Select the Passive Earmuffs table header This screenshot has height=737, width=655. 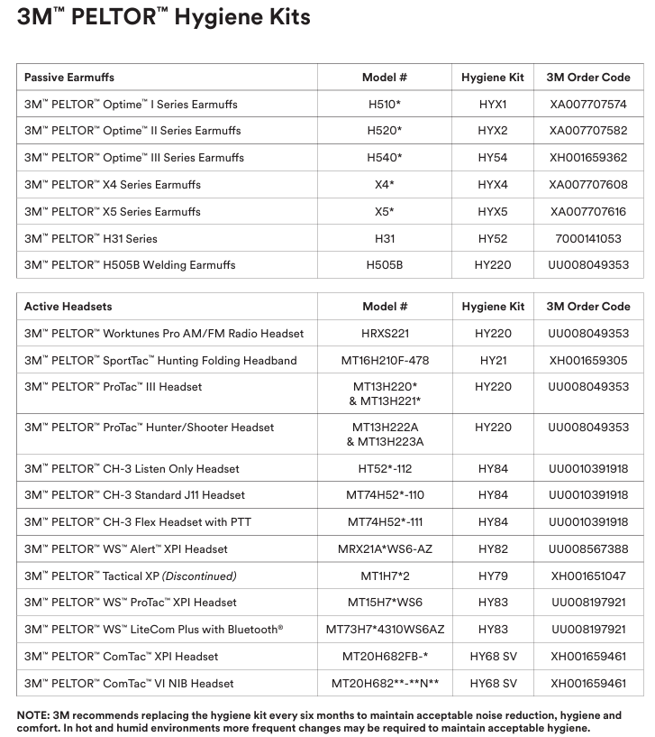point(69,78)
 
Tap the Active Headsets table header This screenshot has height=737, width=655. point(68,307)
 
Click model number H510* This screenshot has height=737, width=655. point(385,105)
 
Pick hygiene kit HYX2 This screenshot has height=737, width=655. point(493,131)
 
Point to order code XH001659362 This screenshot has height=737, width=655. point(588,158)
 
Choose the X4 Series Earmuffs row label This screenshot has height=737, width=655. point(113,185)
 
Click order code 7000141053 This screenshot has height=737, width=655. point(588,239)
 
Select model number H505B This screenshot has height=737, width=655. point(385,266)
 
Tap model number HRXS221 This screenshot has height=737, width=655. point(385,334)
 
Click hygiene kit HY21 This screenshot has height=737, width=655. point(493,361)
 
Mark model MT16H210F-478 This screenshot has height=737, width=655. point(385,361)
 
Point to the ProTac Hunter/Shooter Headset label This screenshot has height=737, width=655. point(149,428)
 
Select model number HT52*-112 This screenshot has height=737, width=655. point(385,469)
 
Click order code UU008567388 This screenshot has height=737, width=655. point(588,549)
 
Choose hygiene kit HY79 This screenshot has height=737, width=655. point(493,576)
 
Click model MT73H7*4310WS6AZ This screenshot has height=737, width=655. point(385,630)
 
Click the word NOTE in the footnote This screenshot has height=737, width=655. point(33,715)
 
